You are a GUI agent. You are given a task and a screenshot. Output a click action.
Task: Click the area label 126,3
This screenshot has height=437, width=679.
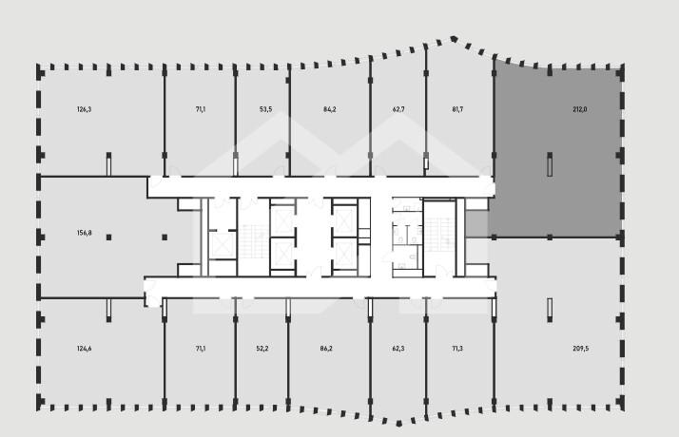pyautogui.click(x=84, y=109)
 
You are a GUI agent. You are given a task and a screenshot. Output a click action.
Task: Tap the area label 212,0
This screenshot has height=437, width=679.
pyautogui.click(x=580, y=109)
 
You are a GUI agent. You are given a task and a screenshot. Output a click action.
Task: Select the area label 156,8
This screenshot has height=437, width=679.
pyautogui.click(x=84, y=233)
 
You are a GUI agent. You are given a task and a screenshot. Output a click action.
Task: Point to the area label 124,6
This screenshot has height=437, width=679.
pyautogui.click(x=84, y=349)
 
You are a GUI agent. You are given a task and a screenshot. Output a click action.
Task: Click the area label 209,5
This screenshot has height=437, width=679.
pyautogui.click(x=581, y=349)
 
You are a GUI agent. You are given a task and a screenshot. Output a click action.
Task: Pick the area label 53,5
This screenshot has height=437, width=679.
pyautogui.click(x=266, y=109)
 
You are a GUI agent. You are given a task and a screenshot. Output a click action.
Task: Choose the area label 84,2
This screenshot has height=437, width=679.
pyautogui.click(x=330, y=109)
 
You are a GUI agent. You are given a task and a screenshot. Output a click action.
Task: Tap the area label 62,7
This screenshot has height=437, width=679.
pyautogui.click(x=398, y=109)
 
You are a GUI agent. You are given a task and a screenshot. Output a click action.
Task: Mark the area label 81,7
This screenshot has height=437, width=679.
pyautogui.click(x=457, y=109)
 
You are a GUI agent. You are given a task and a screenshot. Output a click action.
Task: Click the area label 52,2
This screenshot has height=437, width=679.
pyautogui.click(x=262, y=349)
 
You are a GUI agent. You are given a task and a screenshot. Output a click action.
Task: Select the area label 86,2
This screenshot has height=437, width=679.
pyautogui.click(x=325, y=349)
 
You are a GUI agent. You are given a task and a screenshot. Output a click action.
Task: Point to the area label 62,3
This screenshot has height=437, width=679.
pyautogui.click(x=398, y=349)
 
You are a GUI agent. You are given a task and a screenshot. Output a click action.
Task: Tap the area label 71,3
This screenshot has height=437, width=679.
pyautogui.click(x=457, y=349)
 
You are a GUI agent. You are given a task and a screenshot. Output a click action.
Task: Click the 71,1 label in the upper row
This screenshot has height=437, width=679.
pyautogui.click(x=201, y=109)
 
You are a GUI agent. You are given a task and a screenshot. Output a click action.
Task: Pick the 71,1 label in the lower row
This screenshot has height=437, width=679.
pyautogui.click(x=201, y=349)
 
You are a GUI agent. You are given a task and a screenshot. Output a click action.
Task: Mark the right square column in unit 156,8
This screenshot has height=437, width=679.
pyautogui.click(x=165, y=237)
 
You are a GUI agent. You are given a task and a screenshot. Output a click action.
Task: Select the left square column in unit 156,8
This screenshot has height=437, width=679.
pyautogui.click(x=108, y=237)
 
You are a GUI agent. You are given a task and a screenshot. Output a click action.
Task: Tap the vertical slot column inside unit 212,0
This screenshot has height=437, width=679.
pyautogui.click(x=550, y=164)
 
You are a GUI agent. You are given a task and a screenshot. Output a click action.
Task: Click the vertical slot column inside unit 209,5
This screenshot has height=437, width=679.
pyautogui.click(x=550, y=310)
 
